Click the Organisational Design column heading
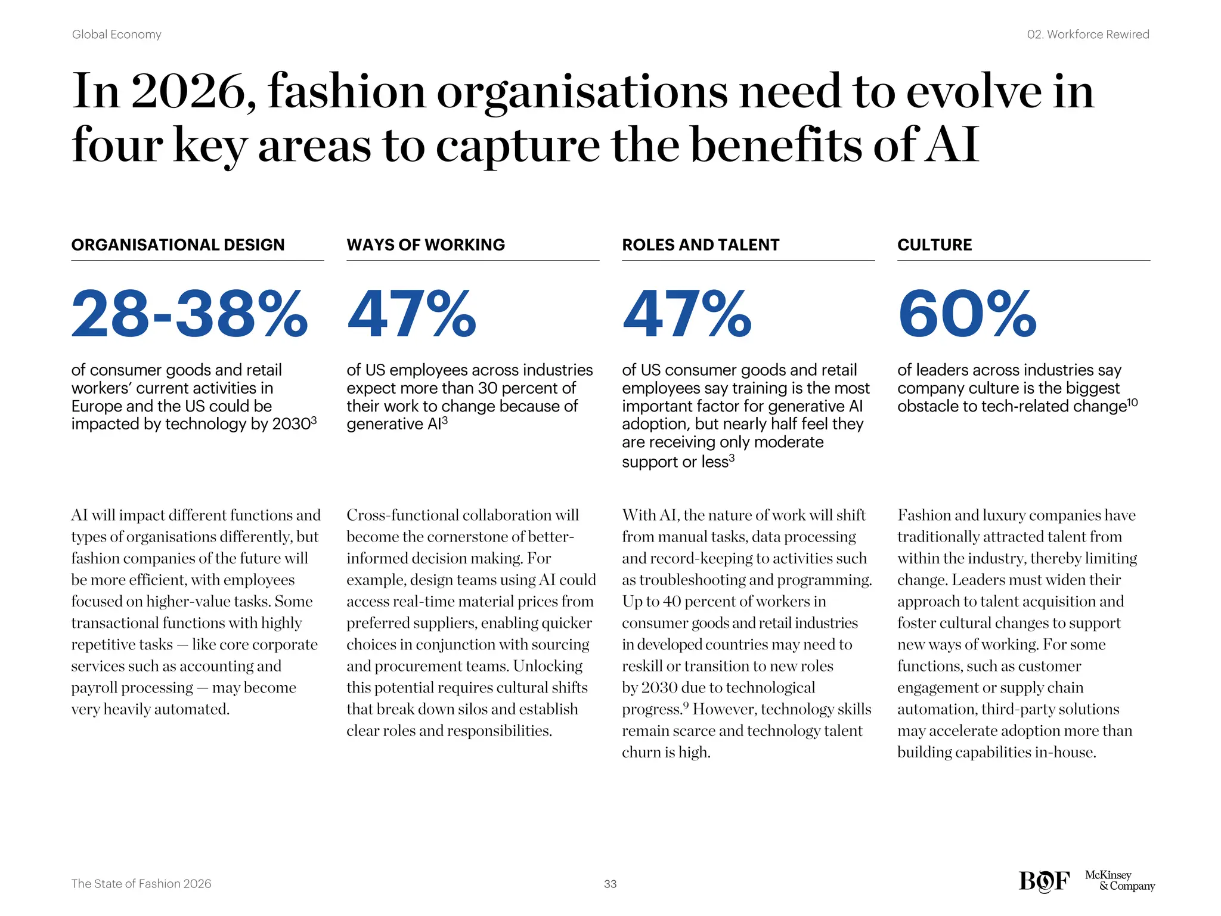(x=178, y=245)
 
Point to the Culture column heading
(x=934, y=245)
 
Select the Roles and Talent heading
(x=701, y=245)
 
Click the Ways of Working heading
(x=426, y=245)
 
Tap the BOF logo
(x=1044, y=881)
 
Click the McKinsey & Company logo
(x=1119, y=880)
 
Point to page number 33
(x=610, y=884)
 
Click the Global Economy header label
(x=116, y=35)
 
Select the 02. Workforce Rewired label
(x=1087, y=35)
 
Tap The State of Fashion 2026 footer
(x=141, y=884)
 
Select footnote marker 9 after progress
(x=686, y=705)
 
